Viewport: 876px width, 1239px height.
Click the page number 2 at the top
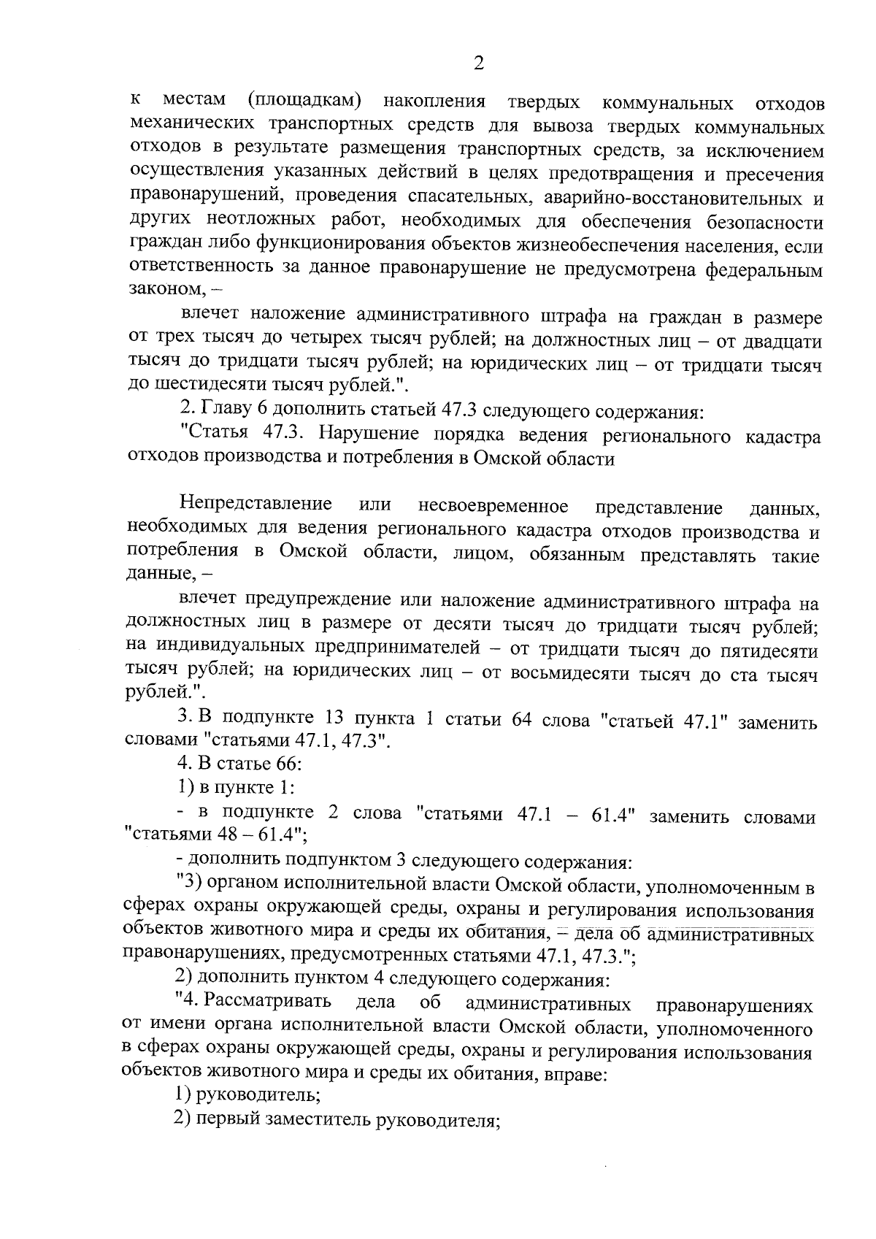click(478, 64)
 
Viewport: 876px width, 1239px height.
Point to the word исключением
click(769, 151)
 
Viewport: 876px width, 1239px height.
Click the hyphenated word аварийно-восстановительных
click(671, 199)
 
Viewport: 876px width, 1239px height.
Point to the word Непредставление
click(256, 505)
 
